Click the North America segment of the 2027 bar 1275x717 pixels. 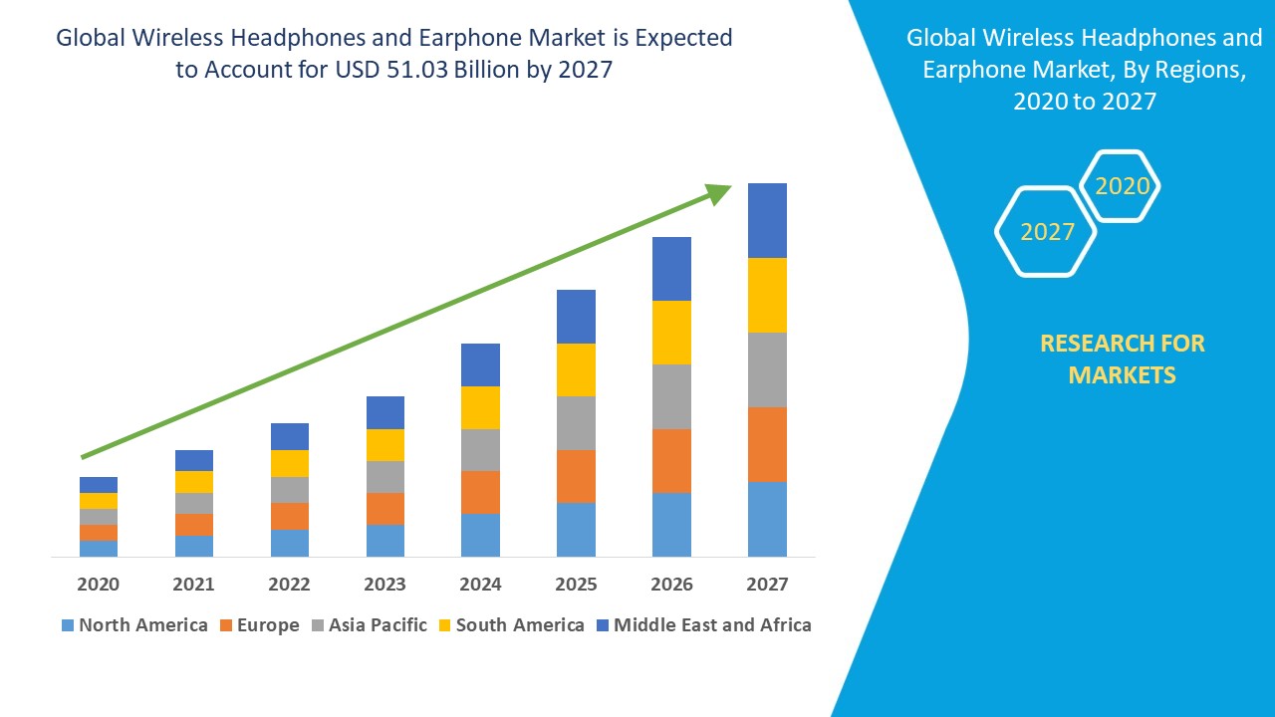click(767, 519)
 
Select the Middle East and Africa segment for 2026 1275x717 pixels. click(671, 269)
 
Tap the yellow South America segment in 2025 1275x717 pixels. click(576, 369)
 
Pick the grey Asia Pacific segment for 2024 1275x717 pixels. click(480, 450)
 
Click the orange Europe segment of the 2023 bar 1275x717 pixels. click(385, 509)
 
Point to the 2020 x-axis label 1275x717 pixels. click(99, 585)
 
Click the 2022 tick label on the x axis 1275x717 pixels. click(290, 585)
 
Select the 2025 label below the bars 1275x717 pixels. click(576, 585)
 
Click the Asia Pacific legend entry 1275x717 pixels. click(370, 625)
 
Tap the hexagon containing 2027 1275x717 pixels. click(1046, 232)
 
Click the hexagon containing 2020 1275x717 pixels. click(1122, 186)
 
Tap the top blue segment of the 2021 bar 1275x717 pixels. click(194, 460)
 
